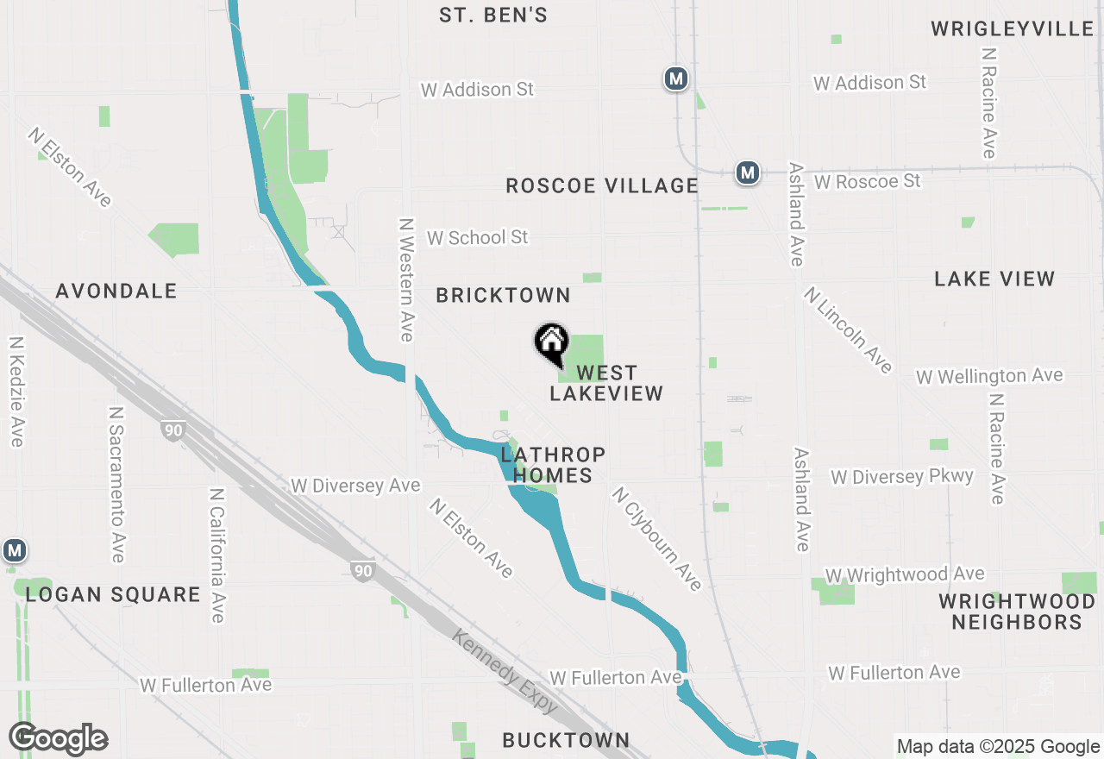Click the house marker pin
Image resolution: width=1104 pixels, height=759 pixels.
coord(551,344)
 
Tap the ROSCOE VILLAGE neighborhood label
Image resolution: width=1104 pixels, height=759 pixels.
coord(601,185)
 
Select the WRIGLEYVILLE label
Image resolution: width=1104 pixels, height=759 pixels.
coord(1013,29)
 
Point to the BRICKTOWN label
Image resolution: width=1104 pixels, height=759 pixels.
coord(503,295)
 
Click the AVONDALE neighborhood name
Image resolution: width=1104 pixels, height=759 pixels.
coord(116,291)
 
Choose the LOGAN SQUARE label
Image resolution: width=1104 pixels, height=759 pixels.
coord(113,594)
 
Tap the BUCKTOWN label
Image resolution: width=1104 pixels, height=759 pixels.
coord(566,740)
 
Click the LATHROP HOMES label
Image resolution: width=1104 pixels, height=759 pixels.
coord(553,465)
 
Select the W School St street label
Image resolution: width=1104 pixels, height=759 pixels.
coord(477,237)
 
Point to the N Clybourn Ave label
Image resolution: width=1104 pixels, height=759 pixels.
coord(656,538)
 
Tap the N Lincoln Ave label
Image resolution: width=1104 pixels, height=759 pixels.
coord(847,329)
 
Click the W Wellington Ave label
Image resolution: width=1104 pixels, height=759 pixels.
coord(989,376)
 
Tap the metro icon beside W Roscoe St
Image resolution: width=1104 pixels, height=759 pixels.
coord(747,172)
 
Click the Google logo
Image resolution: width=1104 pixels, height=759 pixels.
coord(58,739)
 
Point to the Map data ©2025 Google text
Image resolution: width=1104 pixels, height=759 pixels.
coord(998,747)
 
